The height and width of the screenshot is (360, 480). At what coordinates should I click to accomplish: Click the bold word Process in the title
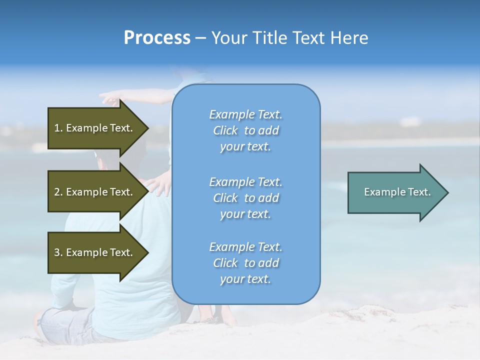(157, 38)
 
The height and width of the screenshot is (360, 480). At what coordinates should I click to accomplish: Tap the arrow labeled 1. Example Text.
(95, 128)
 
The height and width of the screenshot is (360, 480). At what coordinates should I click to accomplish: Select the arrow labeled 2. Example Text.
(95, 192)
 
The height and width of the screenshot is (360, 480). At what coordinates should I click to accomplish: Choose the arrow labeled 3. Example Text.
(95, 252)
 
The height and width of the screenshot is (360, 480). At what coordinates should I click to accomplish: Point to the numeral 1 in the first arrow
(56, 128)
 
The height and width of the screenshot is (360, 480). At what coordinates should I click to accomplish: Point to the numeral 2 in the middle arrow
(57, 192)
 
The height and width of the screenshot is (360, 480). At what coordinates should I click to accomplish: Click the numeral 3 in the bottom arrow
(57, 252)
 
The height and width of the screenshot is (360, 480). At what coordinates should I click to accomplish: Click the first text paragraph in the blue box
(245, 130)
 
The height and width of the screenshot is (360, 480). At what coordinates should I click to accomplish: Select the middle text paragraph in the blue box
(245, 198)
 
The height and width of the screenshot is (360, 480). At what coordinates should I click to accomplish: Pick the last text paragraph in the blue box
(245, 263)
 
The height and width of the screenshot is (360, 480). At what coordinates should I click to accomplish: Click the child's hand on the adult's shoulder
(159, 184)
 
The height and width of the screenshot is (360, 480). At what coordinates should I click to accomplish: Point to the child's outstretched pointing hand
(108, 96)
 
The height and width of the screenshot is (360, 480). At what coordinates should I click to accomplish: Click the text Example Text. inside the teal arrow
(397, 192)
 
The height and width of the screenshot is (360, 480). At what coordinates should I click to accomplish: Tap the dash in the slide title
(201, 38)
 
